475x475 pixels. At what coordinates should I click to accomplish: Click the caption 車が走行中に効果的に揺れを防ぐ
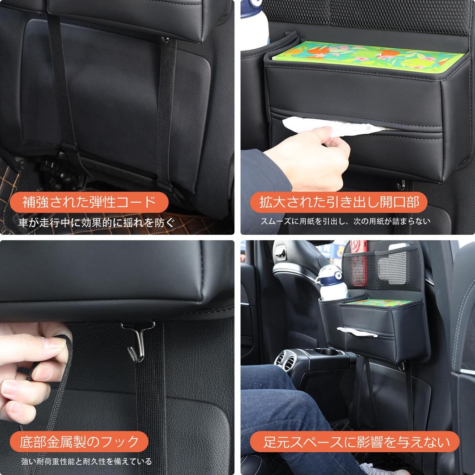point(97,222)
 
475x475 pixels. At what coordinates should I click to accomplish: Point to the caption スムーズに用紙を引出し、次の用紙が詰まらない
point(345,222)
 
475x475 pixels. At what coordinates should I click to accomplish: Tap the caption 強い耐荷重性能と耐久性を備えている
point(86,461)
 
